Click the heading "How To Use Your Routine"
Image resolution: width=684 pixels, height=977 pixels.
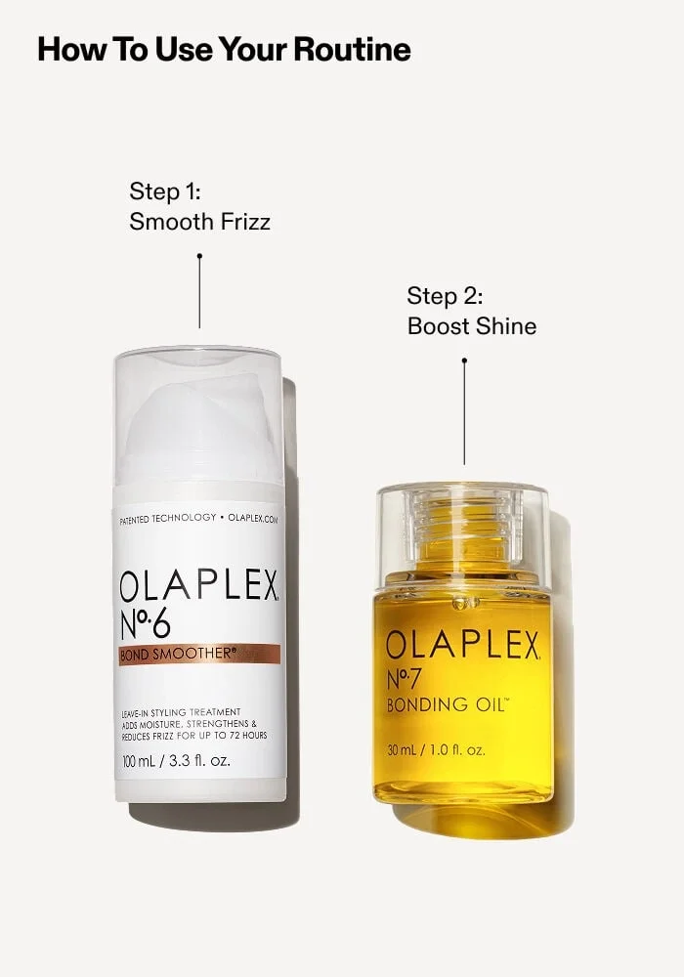coord(224,49)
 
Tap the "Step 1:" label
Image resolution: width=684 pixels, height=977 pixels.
coord(164,190)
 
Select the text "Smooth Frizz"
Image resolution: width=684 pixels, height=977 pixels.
coord(199,222)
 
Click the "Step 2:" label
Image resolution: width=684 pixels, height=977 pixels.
coord(445,295)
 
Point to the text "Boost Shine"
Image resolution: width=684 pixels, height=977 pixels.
coord(471,325)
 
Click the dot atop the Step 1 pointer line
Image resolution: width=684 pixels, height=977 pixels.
coord(199,256)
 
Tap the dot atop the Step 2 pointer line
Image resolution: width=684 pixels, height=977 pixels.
coord(464,361)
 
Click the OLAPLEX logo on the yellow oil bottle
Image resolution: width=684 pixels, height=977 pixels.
coord(462,645)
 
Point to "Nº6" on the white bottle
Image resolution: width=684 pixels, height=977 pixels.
coord(150,622)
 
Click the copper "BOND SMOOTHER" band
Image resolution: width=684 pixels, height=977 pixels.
coord(199,654)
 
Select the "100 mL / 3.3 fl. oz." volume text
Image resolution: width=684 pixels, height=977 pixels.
coord(176,759)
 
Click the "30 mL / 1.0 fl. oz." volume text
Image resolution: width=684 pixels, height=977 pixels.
coord(435,750)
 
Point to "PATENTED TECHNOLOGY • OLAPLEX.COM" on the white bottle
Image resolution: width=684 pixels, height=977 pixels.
coord(199,518)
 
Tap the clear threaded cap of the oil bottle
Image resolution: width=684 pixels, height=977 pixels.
coord(462,528)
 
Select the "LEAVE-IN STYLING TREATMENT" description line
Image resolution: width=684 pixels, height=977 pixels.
coord(180,711)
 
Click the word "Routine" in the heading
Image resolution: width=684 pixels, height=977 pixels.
coord(354,49)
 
